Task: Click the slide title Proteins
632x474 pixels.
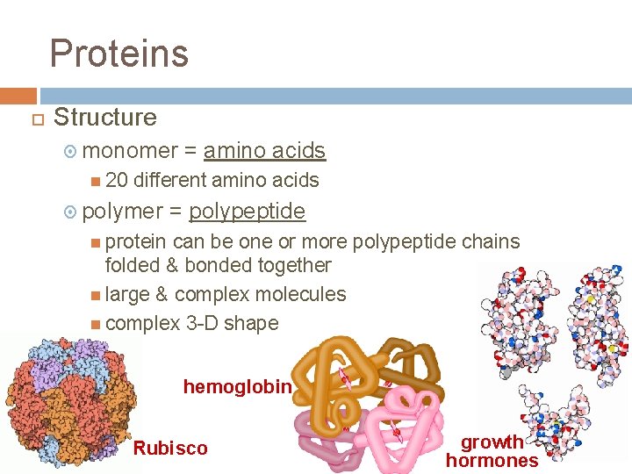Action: (118, 53)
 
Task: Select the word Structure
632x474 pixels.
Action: (105, 117)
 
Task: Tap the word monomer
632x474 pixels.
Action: (131, 151)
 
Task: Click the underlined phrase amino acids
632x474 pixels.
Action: (264, 151)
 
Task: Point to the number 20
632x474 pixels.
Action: (116, 181)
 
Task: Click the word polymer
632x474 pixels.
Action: (122, 212)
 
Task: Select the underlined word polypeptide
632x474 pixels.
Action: (247, 212)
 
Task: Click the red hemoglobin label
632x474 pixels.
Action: (236, 386)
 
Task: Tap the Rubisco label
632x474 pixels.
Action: (170, 449)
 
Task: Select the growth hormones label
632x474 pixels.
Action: (492, 451)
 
